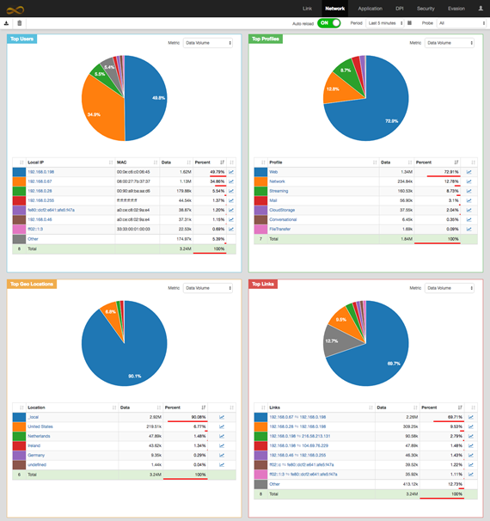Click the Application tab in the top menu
click(x=370, y=9)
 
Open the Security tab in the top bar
click(x=426, y=9)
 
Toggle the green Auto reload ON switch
click(x=328, y=23)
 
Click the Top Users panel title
click(x=22, y=39)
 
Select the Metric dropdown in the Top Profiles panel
click(x=449, y=43)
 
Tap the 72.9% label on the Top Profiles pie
click(x=391, y=121)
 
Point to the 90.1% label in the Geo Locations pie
click(x=134, y=375)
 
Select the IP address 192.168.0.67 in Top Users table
click(x=40, y=181)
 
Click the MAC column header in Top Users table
click(x=122, y=162)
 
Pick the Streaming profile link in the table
click(x=279, y=191)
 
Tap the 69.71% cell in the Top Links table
click(x=451, y=417)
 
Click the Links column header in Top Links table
click(x=277, y=408)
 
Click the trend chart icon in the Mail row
click(x=469, y=200)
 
